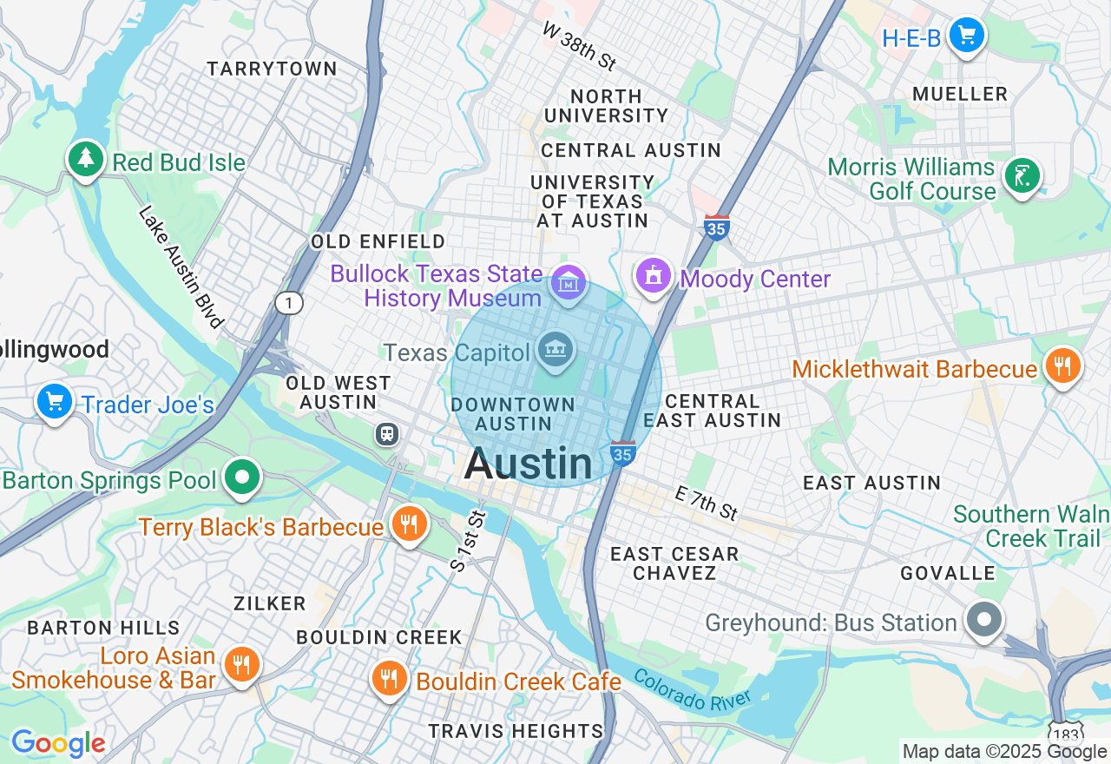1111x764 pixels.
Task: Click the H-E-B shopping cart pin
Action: [x=965, y=36]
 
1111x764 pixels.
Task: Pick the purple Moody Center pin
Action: [x=654, y=276]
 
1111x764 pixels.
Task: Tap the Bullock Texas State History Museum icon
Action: [x=569, y=283]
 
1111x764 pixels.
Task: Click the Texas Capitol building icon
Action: [x=555, y=350]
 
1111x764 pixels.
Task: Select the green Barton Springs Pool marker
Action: [x=242, y=477]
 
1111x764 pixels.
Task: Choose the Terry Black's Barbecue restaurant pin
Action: [x=408, y=524]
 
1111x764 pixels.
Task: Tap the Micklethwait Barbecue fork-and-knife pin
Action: [x=1062, y=366]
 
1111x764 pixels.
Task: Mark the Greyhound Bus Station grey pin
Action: [x=983, y=621]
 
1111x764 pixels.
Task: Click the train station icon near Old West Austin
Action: [x=387, y=433]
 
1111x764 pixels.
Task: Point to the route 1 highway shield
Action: [x=288, y=303]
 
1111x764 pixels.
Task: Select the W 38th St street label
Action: [x=579, y=47]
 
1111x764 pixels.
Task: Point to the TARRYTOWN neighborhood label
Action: [x=272, y=69]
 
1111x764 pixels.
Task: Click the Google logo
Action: [x=57, y=743]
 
